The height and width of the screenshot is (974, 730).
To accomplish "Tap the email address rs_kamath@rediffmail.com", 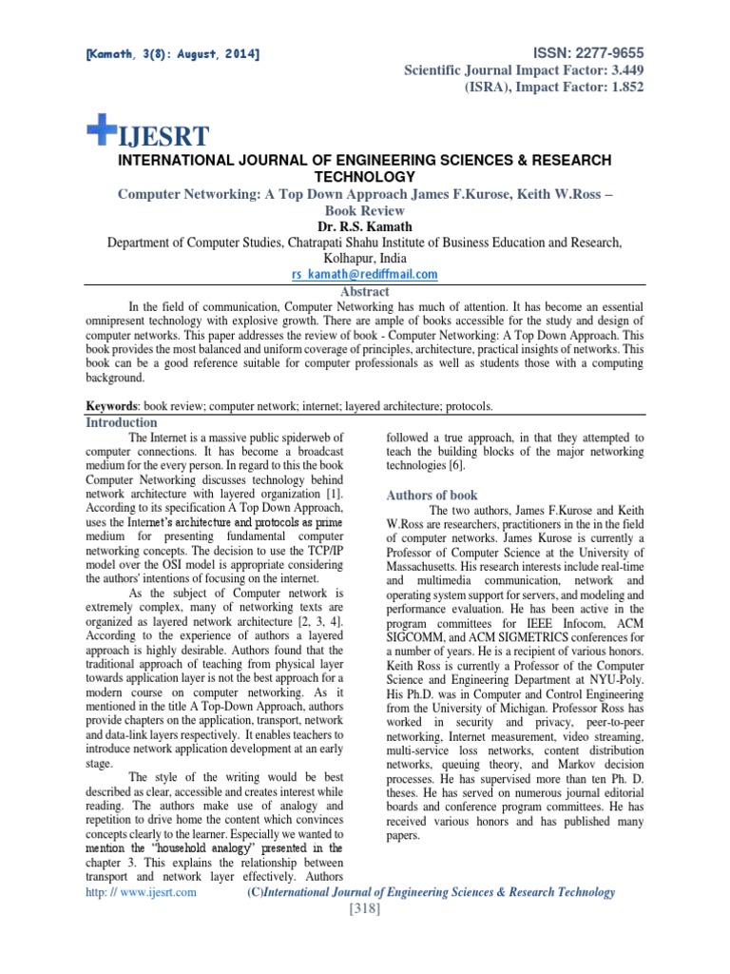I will (364, 274).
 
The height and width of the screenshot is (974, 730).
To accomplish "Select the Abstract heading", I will (364, 292).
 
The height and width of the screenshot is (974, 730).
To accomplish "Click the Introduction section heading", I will (122, 422).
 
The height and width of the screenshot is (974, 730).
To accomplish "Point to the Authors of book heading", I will (432, 496).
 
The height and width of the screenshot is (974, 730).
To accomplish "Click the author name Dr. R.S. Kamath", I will (364, 227).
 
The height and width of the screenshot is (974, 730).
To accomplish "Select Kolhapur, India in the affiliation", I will (364, 258).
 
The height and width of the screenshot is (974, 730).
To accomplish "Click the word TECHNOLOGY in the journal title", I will (364, 177).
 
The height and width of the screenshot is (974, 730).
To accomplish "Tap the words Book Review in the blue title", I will (364, 210).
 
